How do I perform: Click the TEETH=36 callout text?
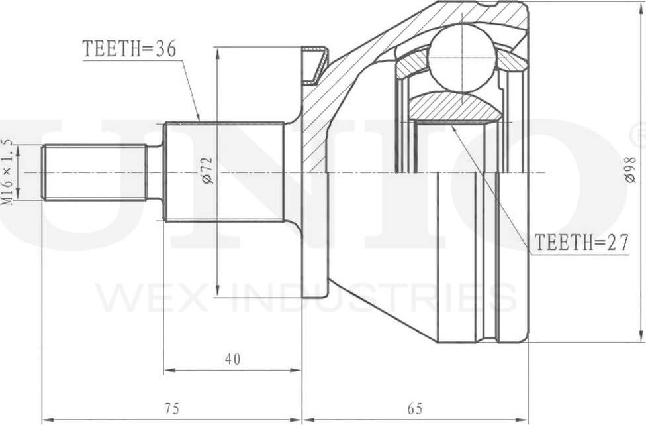tap(130, 49)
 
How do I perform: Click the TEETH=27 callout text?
tap(581, 243)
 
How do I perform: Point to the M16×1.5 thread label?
tap(8, 172)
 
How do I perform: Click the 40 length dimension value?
tap(232, 359)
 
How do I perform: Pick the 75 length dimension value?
tap(171, 409)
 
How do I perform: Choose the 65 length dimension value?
tap(414, 409)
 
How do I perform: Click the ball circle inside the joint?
tap(461, 57)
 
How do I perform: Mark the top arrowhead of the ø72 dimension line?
tap(218, 52)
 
